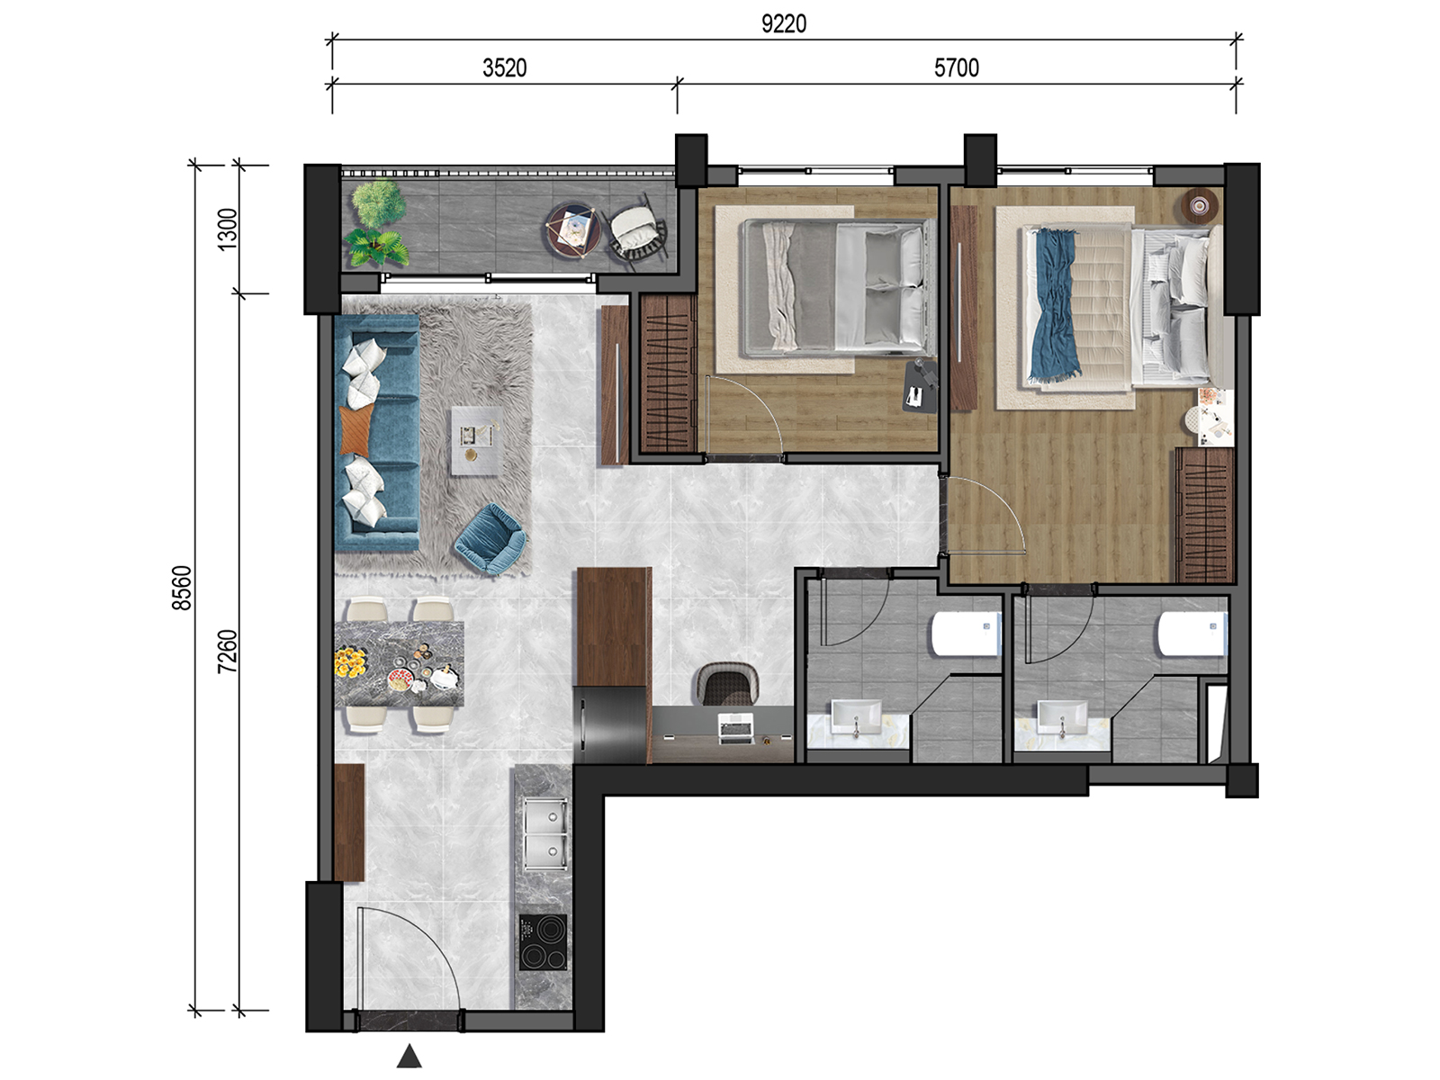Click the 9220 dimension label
point(783,24)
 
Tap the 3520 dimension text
point(505,68)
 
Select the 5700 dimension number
point(957,68)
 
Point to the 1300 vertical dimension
point(227,229)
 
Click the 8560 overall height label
point(182,588)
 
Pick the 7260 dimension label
point(227,651)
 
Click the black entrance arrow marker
point(409,1056)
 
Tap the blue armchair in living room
point(490,538)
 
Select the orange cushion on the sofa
point(356,429)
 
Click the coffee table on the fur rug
point(477,440)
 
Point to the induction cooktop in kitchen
point(544,942)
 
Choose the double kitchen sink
point(545,833)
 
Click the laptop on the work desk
point(736,728)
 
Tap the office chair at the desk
point(727,684)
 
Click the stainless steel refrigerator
point(609,725)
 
